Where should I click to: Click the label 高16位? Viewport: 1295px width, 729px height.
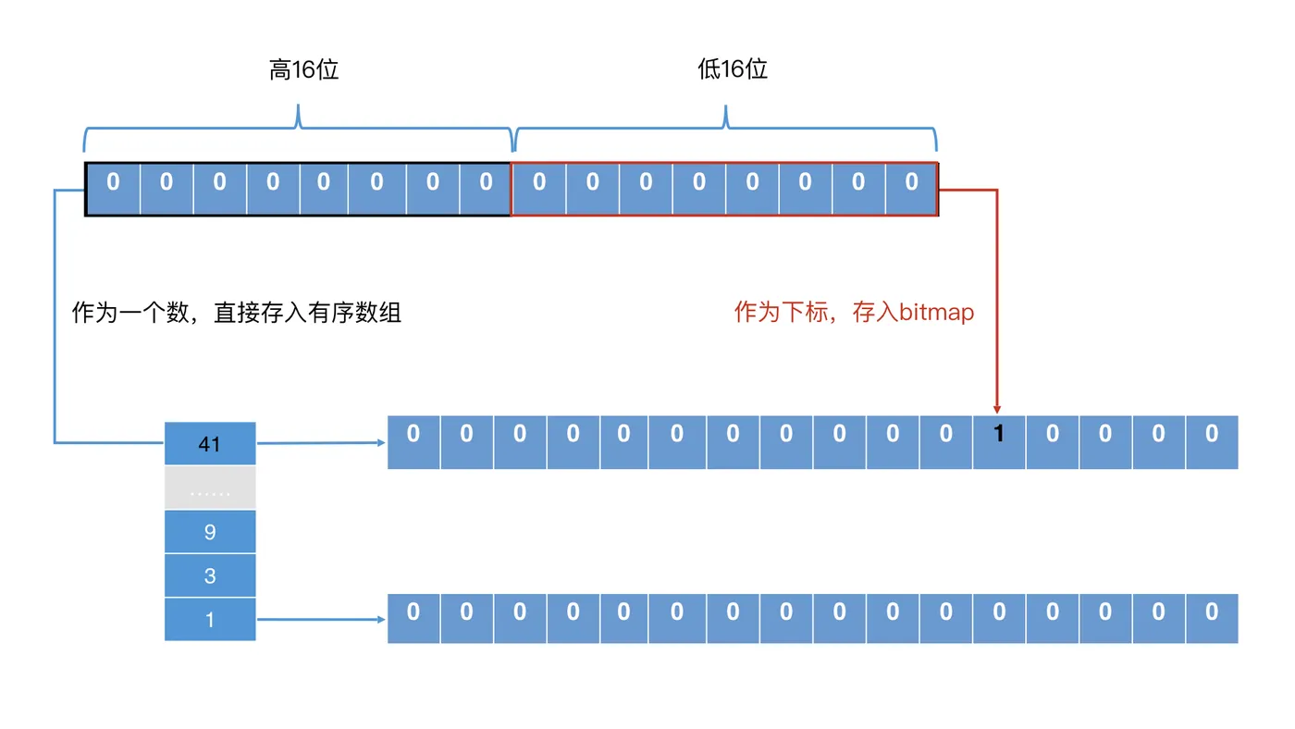point(304,70)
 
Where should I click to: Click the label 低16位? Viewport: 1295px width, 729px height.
point(733,69)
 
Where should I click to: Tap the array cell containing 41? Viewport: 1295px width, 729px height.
point(210,444)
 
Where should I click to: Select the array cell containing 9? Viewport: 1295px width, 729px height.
point(210,532)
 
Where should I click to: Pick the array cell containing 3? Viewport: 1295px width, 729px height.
point(210,575)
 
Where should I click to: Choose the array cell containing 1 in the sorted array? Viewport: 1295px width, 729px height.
point(210,619)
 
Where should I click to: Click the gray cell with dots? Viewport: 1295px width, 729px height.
point(210,488)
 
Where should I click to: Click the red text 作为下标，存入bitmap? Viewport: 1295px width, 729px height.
point(854,312)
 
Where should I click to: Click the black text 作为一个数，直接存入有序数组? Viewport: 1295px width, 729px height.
point(237,313)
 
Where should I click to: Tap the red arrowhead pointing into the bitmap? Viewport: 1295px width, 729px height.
point(997,408)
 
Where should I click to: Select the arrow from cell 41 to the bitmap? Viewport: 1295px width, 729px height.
point(320,443)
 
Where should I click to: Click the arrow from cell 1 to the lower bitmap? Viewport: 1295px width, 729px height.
point(320,619)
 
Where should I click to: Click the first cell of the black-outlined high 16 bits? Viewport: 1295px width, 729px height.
point(113,190)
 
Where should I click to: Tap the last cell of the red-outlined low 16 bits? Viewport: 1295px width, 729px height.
point(911,190)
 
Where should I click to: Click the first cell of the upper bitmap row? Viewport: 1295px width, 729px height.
point(413,442)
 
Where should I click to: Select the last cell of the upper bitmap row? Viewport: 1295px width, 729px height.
point(1212,442)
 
